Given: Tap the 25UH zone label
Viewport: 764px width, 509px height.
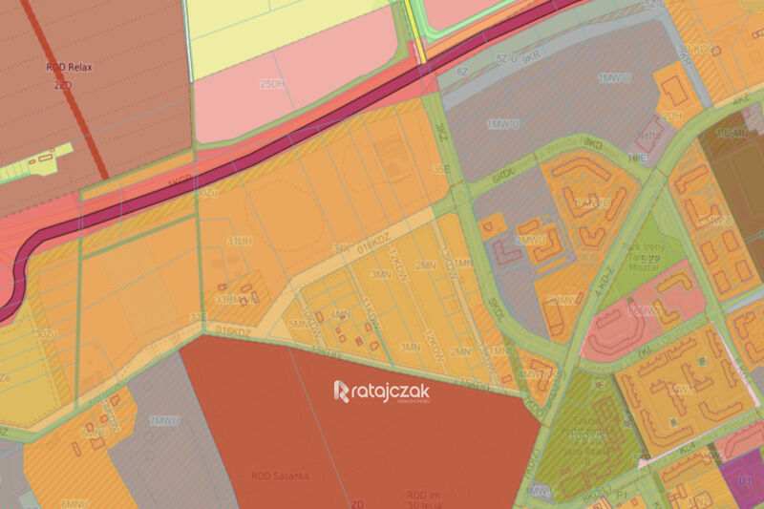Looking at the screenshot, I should (273, 84).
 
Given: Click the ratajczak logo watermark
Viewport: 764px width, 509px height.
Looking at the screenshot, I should (382, 391).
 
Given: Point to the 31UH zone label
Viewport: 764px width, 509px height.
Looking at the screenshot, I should (240, 240).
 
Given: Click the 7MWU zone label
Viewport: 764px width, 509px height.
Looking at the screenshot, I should (165, 420).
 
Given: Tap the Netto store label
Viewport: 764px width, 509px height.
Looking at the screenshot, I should (649, 122).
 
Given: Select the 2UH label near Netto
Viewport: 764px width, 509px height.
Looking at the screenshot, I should (673, 116).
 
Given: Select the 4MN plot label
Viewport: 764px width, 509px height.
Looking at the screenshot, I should (339, 312).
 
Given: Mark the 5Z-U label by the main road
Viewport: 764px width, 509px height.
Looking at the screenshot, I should (506, 58).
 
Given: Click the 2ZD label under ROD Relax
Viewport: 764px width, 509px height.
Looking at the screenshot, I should (64, 84).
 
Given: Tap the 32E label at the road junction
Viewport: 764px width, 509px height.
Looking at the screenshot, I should (198, 316).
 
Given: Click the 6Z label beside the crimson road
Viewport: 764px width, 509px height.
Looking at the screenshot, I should (462, 71).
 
